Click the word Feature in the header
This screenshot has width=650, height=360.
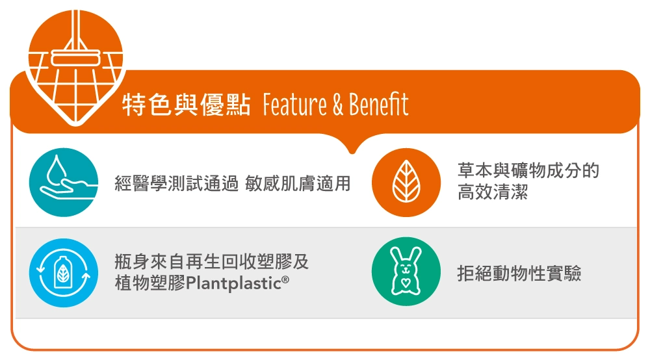pos(294,104)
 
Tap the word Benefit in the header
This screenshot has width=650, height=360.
pos(378,104)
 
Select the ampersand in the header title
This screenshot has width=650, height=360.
pos(338,105)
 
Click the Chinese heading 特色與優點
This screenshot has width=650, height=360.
pos(187,105)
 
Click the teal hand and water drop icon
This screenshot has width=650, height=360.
pos(64,183)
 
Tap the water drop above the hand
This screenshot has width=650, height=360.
pos(57,170)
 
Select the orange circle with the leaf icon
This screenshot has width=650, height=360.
pos(406,183)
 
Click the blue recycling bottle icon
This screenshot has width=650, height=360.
pos(64,272)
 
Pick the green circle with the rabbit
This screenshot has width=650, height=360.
pos(406,272)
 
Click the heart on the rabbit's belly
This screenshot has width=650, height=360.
pos(406,283)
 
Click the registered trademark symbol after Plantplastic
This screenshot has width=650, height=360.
pos(285,279)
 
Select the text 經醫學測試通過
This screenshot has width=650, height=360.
pos(177,183)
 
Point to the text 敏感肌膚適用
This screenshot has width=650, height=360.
pos(298,183)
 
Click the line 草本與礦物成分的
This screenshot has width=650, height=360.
pos(528,170)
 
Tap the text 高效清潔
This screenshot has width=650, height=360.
pos(493,192)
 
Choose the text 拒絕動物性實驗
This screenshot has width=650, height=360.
pos(519,273)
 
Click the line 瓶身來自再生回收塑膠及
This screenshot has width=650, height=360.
pos(212,262)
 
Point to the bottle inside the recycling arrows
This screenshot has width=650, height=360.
pos(64,272)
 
